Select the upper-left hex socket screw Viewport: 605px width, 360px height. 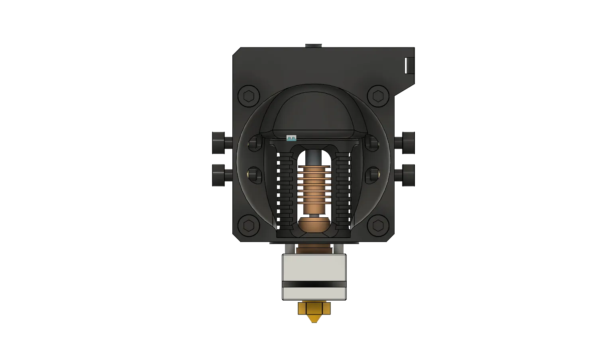[249, 96]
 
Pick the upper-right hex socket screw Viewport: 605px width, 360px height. [378, 96]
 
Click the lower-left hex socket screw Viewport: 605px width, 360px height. [249, 225]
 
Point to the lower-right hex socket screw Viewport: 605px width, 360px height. [378, 225]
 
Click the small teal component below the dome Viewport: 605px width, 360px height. [291, 138]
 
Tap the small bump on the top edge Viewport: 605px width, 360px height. [312, 44]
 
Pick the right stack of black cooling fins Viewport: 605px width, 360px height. [343, 187]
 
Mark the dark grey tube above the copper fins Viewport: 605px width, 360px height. [314, 158]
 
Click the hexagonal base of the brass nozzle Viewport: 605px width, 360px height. [314, 308]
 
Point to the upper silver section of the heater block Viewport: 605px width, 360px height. [314, 267]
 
